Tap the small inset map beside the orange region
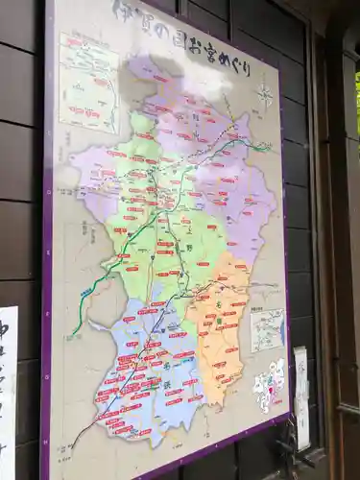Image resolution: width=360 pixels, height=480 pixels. point(267,329)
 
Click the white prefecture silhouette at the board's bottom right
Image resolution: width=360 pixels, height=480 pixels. point(270,385)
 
